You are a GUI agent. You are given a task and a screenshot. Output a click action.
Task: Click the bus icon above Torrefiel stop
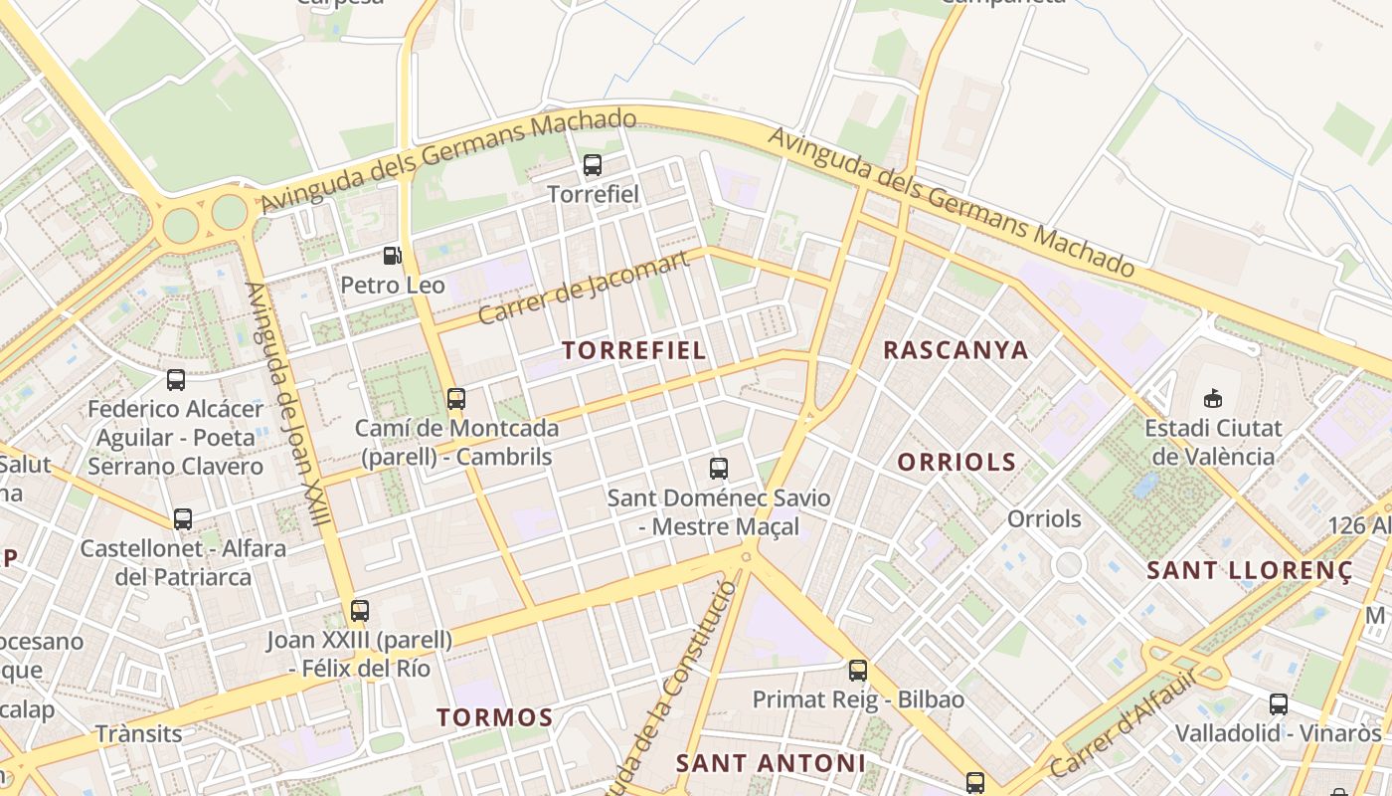click(593, 165)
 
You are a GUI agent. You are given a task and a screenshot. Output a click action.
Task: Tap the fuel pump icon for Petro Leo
click(393, 256)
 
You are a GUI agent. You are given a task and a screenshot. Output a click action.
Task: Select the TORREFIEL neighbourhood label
click(634, 350)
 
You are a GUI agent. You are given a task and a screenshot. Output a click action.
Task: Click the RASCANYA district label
click(956, 350)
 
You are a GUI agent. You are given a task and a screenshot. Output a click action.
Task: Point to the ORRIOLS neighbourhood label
click(957, 462)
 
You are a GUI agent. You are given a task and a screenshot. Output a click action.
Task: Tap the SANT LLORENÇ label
click(1250, 571)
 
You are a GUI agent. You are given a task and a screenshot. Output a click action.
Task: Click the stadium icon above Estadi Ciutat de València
click(1212, 399)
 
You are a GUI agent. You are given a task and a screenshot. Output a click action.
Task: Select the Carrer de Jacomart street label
click(584, 288)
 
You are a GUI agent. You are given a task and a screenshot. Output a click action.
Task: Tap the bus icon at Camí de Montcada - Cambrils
click(456, 399)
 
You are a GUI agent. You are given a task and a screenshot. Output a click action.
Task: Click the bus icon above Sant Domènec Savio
click(718, 468)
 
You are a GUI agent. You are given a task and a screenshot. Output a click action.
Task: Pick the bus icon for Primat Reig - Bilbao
click(858, 671)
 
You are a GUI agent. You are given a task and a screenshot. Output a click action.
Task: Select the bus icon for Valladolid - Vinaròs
click(1279, 704)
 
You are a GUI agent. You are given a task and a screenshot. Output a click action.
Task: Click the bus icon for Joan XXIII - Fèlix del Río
click(360, 611)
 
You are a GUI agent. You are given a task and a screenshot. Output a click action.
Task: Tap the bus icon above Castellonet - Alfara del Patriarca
click(183, 518)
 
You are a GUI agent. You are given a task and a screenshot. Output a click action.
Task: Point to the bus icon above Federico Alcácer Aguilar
click(176, 379)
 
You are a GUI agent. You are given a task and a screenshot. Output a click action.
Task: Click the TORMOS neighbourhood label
click(494, 717)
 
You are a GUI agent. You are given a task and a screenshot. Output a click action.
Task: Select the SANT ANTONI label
click(771, 763)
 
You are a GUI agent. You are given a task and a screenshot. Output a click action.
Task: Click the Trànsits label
click(139, 734)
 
